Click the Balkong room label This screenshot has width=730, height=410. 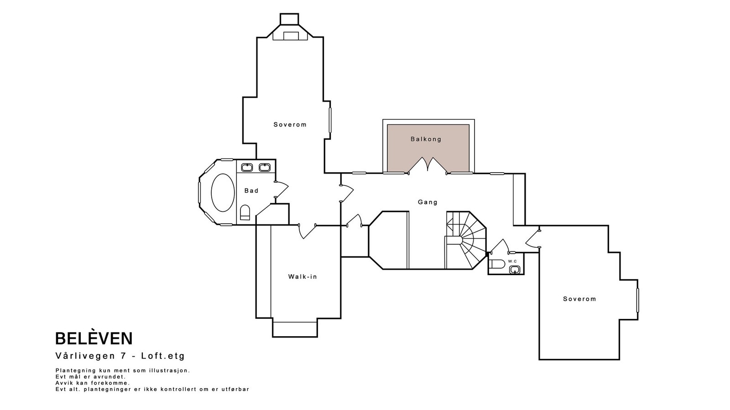click(426, 139)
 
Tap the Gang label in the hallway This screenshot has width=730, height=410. click(428, 202)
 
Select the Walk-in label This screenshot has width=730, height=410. click(302, 277)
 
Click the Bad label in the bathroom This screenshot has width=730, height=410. click(251, 191)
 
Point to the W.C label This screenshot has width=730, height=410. click(512, 261)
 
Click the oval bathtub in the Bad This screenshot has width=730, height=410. click(223, 193)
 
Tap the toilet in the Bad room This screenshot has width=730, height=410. click(245, 212)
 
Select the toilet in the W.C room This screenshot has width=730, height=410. click(496, 263)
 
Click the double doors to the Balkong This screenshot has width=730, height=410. click(428, 165)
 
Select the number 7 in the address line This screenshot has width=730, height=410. click(123, 356)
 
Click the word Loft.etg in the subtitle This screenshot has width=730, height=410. click(163, 356)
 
